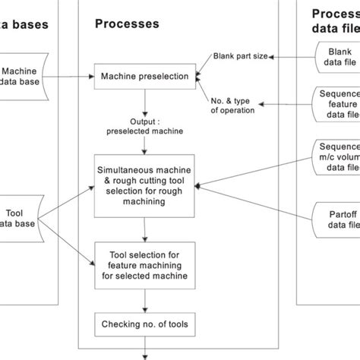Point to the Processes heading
127,24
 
